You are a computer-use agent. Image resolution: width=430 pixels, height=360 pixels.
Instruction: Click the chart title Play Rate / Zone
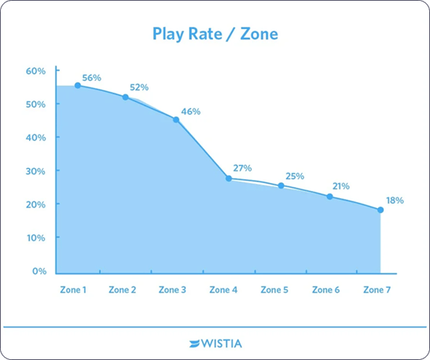click(215, 34)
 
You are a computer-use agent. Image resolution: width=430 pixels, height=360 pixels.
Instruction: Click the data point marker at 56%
click(77, 85)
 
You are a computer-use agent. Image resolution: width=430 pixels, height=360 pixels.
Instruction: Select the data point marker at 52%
click(125, 97)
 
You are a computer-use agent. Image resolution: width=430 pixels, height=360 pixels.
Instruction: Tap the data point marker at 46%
click(176, 119)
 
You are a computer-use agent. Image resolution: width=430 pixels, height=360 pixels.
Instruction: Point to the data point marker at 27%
click(229, 178)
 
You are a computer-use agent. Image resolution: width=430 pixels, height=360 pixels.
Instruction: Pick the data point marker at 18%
click(380, 210)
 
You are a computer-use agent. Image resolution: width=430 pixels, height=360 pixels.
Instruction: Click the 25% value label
click(295, 176)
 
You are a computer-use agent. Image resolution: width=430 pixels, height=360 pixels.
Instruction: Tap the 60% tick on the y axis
click(36, 71)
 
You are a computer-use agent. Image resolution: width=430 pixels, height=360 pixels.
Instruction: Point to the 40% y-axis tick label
click(36, 137)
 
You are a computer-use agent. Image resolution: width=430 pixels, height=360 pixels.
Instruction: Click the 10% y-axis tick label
click(36, 237)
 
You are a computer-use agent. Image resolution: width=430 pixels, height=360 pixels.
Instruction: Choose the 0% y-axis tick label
click(39, 271)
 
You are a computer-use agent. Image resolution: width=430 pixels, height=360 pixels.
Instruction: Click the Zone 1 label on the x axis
click(73, 290)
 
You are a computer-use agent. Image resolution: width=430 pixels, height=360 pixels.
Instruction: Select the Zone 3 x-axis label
click(172, 290)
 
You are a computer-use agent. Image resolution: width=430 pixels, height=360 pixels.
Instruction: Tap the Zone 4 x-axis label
click(223, 290)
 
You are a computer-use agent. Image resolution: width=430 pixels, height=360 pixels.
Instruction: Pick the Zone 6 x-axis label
click(325, 290)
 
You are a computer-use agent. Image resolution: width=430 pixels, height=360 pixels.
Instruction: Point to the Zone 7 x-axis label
click(377, 290)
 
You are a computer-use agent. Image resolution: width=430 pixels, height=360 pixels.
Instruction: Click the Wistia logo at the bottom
click(215, 343)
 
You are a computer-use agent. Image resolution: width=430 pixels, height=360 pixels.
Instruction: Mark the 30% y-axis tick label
click(36, 171)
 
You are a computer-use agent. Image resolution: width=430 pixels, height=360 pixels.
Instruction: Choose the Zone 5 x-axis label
click(274, 290)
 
